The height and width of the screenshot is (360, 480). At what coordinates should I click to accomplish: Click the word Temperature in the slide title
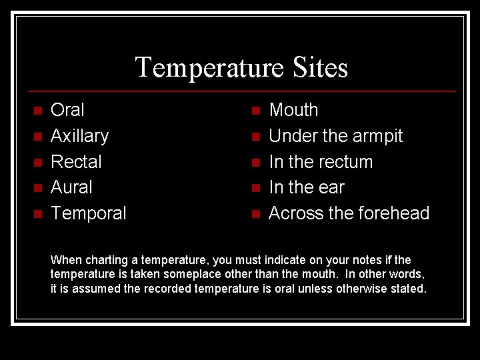[x=209, y=67]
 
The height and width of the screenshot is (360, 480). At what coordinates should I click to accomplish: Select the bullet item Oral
[x=67, y=110]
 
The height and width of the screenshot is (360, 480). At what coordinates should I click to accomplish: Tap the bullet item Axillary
[x=79, y=136]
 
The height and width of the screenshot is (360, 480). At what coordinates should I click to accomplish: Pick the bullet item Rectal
[x=76, y=162]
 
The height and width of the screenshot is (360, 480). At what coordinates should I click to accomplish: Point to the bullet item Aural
[x=71, y=187]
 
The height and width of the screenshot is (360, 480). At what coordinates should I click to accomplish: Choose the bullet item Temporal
[x=88, y=213]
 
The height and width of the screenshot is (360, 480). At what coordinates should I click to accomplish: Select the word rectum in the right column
[x=345, y=162]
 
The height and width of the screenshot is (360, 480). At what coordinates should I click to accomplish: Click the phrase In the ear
[x=306, y=187]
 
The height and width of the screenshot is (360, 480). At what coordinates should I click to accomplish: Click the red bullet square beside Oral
[x=37, y=111]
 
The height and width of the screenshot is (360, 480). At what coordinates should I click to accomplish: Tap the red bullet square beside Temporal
[x=37, y=214]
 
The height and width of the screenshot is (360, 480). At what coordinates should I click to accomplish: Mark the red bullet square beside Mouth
[x=255, y=111]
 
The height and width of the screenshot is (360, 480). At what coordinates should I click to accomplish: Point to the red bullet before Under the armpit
[x=255, y=137]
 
